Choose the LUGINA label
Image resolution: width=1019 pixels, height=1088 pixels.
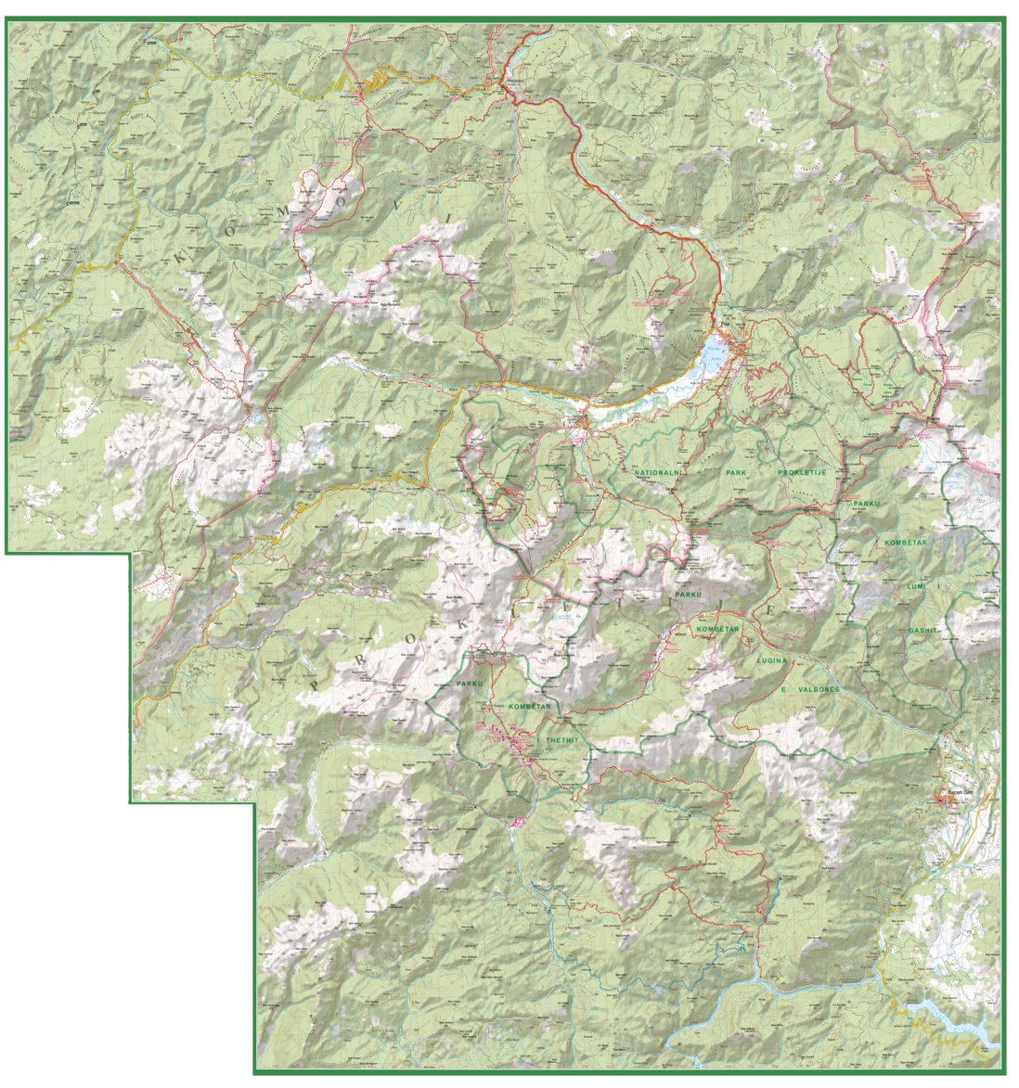click(x=772, y=659)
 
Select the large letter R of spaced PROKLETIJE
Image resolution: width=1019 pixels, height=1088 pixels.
click(x=357, y=654)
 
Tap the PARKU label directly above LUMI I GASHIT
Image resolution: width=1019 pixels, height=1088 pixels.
click(x=867, y=506)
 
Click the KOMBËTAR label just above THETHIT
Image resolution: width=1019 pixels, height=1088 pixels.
click(x=530, y=707)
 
